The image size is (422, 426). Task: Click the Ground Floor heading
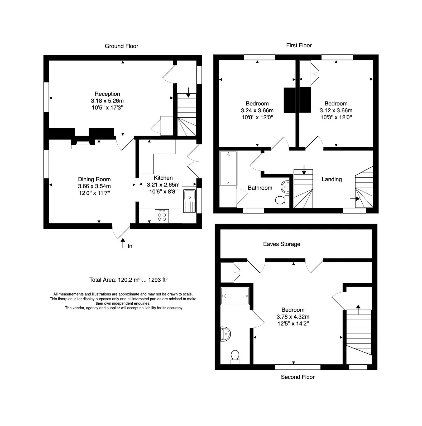point(121,46)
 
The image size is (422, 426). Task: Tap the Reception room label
point(107,94)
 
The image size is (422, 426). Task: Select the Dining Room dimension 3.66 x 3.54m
point(94,186)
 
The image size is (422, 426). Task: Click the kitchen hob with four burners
point(162,216)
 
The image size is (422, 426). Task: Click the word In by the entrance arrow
point(130,246)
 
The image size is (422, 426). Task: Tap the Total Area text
point(128,280)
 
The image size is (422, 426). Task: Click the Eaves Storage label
point(281,244)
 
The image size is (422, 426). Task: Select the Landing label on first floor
point(332,179)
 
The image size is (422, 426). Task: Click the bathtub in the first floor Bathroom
point(228,168)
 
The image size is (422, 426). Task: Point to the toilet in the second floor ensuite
point(235,356)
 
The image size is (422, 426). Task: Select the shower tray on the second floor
point(235,296)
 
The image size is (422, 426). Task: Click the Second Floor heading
point(298,377)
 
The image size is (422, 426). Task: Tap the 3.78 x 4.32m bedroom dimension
point(293,317)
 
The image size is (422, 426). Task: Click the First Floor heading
point(299,45)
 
